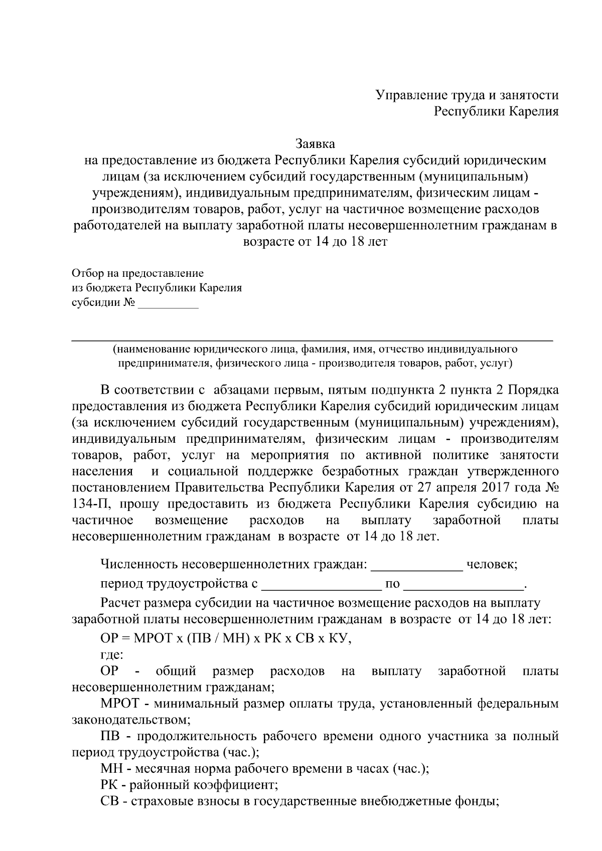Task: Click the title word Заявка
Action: point(315,144)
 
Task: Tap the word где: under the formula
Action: point(112,654)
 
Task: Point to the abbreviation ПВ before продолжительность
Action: point(110,736)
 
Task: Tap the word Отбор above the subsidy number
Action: point(87,273)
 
